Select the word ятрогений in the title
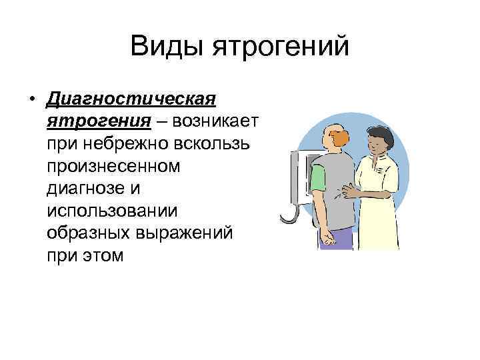point(281,47)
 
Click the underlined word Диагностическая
point(131,101)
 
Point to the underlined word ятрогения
point(97,121)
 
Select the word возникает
point(218,121)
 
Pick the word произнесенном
point(114,166)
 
